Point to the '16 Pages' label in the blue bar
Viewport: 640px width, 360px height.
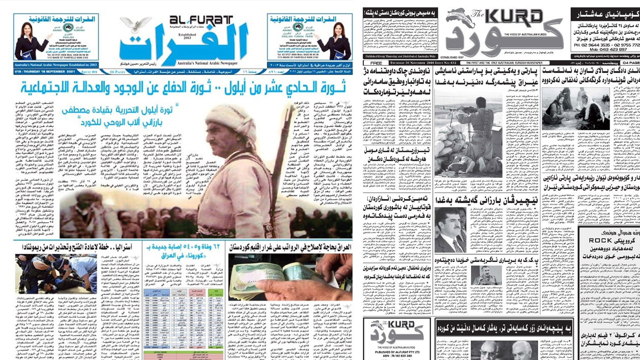tap(118, 72)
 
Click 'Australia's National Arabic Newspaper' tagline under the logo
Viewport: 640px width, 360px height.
tap(207, 64)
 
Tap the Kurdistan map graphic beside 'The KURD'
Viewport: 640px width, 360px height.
tap(461, 16)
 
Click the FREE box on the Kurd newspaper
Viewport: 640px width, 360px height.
tap(376, 63)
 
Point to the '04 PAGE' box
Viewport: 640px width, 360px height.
tap(631, 63)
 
